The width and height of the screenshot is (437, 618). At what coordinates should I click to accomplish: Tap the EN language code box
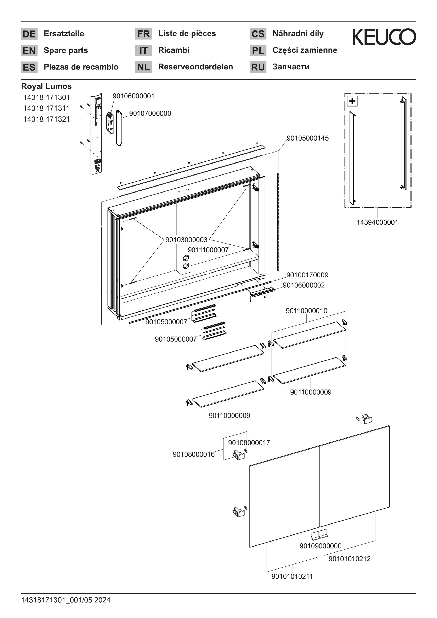coord(29,51)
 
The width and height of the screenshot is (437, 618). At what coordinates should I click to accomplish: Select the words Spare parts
coord(66,50)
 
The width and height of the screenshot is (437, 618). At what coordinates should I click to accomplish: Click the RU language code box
coord(258,67)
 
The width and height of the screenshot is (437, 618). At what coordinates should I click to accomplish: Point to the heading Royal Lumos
coord(46,86)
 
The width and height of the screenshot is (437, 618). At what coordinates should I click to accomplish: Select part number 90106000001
coord(133,96)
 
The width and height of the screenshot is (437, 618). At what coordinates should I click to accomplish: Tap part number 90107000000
coord(150,114)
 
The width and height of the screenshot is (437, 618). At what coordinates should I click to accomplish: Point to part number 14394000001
coord(377,222)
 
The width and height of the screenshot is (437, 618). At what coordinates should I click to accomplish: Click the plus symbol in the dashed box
coord(352,101)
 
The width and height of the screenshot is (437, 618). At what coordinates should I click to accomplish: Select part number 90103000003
coord(186,240)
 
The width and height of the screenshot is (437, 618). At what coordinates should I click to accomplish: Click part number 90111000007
coord(208,250)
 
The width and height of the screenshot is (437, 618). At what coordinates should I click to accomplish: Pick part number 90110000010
coord(306,311)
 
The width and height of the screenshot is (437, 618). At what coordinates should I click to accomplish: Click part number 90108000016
coord(194,454)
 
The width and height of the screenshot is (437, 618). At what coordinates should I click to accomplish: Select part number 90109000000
coord(320,546)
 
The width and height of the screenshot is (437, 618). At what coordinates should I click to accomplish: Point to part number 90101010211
coord(292,577)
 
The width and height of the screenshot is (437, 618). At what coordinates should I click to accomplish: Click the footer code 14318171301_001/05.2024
coord(66,600)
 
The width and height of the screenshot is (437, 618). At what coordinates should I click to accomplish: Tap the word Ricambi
coord(174,50)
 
